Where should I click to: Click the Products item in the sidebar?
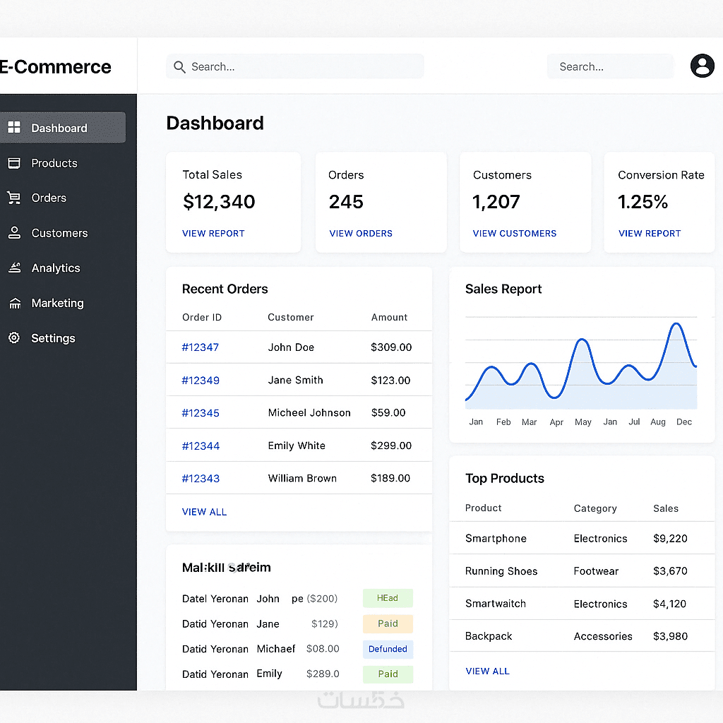coord(54,163)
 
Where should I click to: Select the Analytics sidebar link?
coord(55,268)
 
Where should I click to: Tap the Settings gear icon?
coord(14,338)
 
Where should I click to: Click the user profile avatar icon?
coord(702,66)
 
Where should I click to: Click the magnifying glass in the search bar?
coord(179,67)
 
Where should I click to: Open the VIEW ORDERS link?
coord(361,234)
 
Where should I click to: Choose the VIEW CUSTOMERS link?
coord(515,234)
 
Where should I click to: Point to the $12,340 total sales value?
coord(219,202)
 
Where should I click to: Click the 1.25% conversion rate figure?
coord(643,202)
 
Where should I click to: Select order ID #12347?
coord(201,347)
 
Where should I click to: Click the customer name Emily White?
coord(297,446)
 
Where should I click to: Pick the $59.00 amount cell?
coord(388,412)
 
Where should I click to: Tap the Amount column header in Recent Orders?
coord(389,318)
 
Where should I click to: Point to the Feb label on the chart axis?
coord(503,422)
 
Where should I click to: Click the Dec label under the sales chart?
coord(684,422)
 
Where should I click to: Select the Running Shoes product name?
coord(501,571)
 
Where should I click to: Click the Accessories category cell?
coord(603,636)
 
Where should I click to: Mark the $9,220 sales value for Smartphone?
coord(670,539)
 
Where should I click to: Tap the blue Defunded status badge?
coord(388,649)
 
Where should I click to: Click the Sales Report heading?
coord(503,289)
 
